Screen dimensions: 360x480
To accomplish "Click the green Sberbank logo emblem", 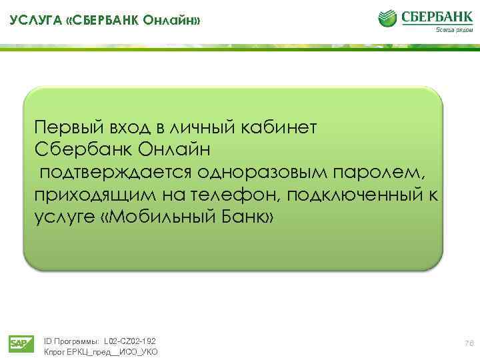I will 390,18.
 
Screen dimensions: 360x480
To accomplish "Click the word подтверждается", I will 115,172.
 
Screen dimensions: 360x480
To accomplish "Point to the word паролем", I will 385,172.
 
